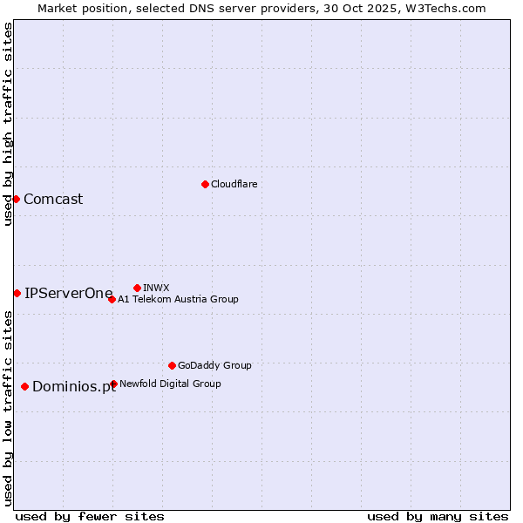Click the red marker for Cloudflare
(x=205, y=184)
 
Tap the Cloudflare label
(x=234, y=184)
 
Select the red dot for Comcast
(x=16, y=199)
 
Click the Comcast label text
(x=53, y=199)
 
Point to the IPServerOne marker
(x=17, y=293)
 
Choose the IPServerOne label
(x=69, y=293)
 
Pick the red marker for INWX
(x=137, y=288)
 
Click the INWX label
(x=156, y=288)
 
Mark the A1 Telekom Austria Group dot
(x=112, y=299)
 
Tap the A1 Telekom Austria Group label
(x=178, y=299)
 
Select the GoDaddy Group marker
(x=172, y=365)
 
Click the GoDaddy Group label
(x=214, y=365)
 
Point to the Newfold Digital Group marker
(x=113, y=384)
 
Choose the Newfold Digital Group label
(x=170, y=384)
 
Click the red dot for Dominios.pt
(x=24, y=386)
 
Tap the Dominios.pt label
(x=74, y=387)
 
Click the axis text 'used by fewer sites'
(x=90, y=516)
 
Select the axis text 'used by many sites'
(x=438, y=516)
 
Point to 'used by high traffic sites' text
(x=8, y=124)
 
